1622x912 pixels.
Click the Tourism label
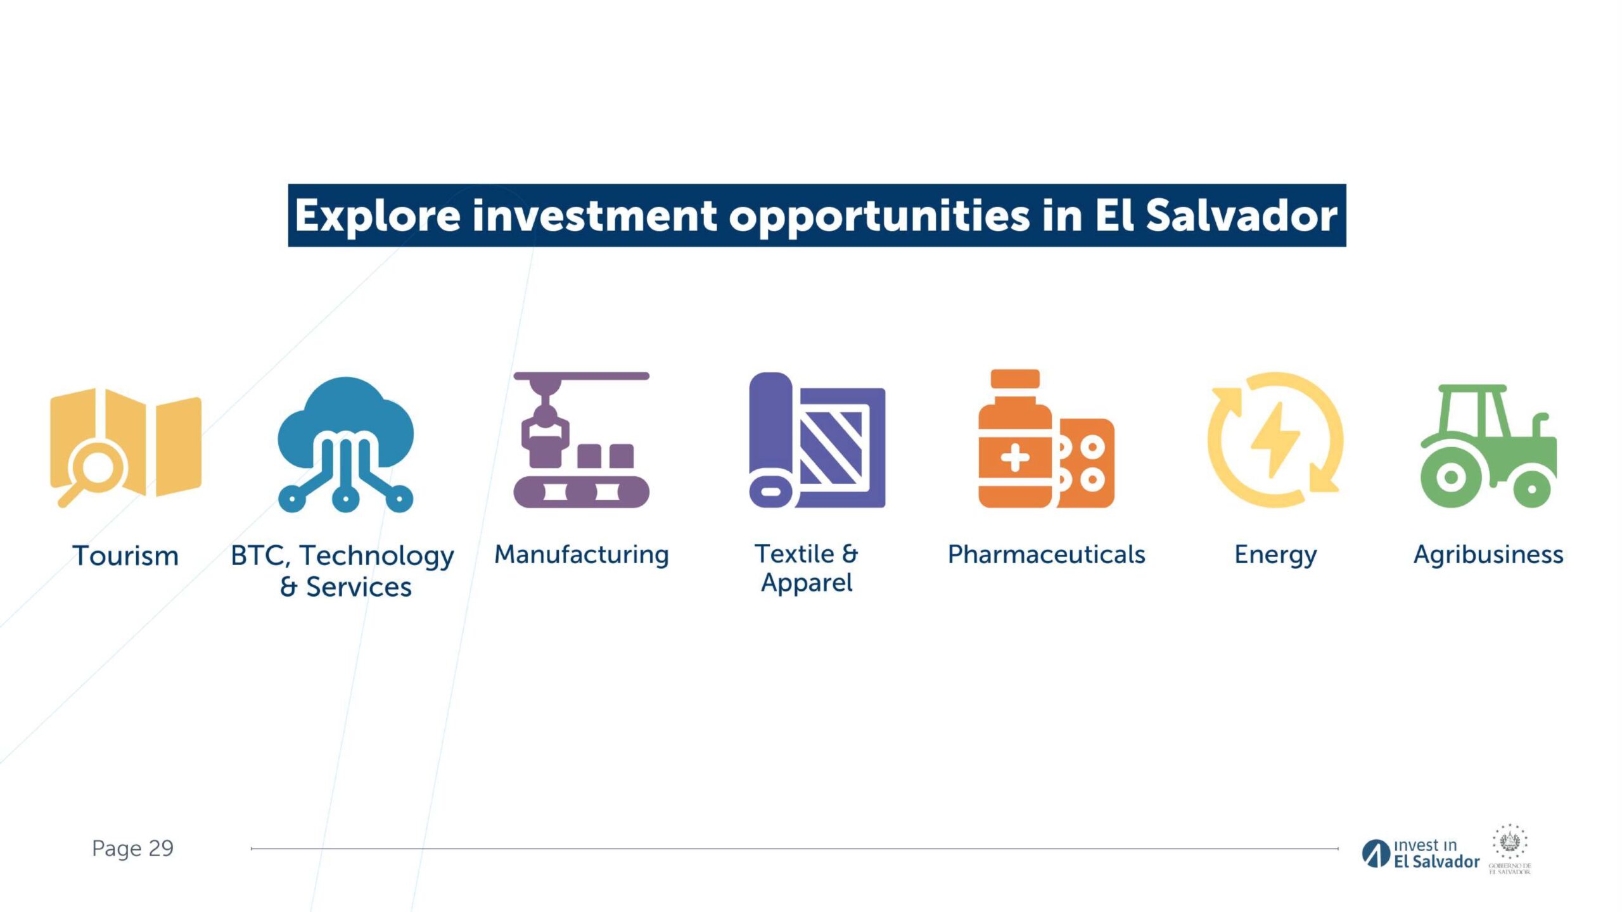(125, 555)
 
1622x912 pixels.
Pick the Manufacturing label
(582, 555)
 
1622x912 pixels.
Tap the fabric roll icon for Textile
(817, 440)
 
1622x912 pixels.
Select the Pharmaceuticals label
(1046, 555)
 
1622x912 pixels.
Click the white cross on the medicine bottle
(1015, 458)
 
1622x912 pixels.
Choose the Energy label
(1275, 555)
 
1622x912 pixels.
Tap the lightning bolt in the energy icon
(1275, 440)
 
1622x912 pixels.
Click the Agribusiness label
(1488, 555)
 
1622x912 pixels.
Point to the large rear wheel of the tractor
(1451, 477)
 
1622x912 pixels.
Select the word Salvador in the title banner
(1242, 215)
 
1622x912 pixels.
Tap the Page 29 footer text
(132, 848)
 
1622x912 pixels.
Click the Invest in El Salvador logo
(1421, 854)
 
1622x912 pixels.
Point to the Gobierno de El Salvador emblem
(1510, 849)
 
